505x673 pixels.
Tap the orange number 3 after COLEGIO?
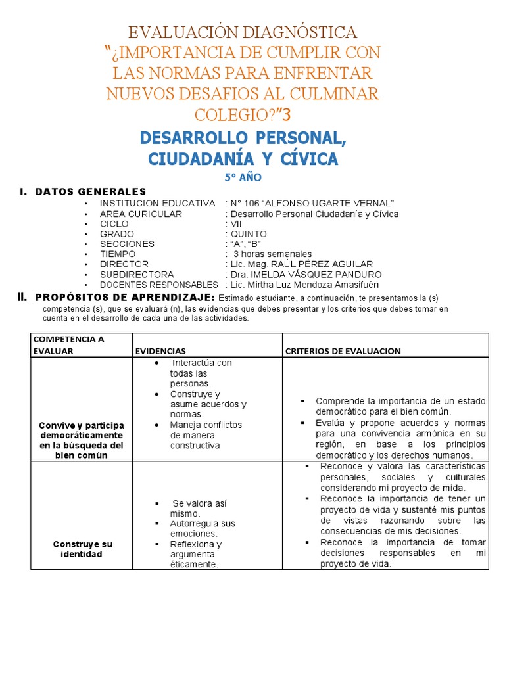coord(284,114)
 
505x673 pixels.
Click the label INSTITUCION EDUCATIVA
coord(157,204)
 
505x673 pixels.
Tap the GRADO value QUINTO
coord(248,234)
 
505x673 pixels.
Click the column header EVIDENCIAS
coord(161,351)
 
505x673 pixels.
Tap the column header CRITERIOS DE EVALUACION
coord(343,351)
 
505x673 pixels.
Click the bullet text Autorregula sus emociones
coord(203,529)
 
